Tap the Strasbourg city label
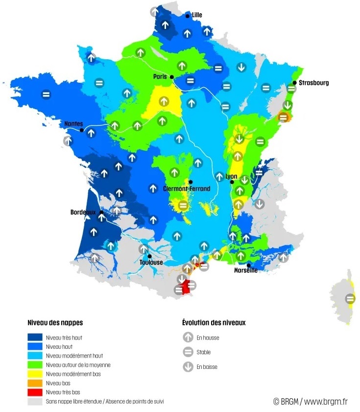(x=314, y=83)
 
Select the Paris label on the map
(x=160, y=77)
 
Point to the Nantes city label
(x=73, y=124)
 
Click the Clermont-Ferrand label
(x=187, y=189)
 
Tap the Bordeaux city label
(x=83, y=213)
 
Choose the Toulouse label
(x=151, y=263)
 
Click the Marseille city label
(x=246, y=270)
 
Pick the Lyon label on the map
(x=231, y=176)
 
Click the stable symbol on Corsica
(x=350, y=298)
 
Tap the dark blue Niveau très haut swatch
(x=35, y=338)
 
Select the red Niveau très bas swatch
(x=35, y=392)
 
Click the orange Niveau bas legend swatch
(x=35, y=383)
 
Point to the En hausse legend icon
(x=188, y=338)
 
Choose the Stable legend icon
(x=188, y=352)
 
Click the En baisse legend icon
(x=188, y=366)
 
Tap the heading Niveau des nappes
(x=55, y=323)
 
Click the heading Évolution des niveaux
(x=214, y=323)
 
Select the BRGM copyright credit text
(x=310, y=402)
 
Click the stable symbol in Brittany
(x=46, y=94)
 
